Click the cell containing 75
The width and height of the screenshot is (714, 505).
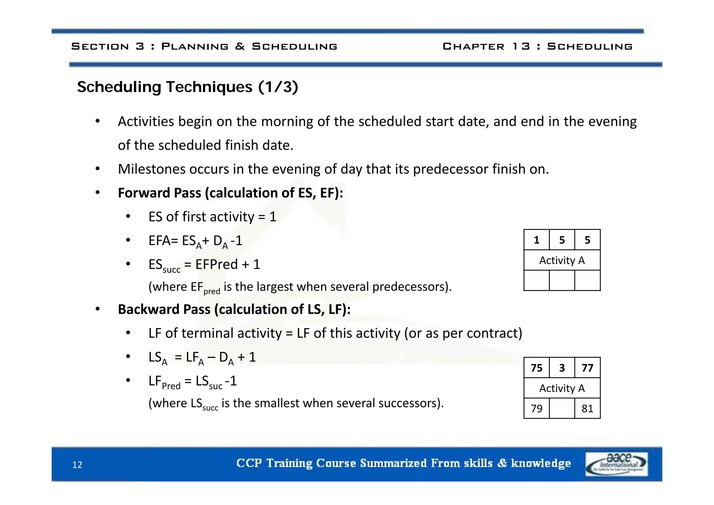tap(536, 368)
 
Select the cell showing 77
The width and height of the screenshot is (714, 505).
tap(587, 368)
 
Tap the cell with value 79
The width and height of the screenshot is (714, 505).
tap(536, 408)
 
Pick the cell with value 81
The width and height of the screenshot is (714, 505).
tap(587, 408)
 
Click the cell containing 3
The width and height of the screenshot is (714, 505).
tap(562, 368)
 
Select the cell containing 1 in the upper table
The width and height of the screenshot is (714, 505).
tap(536, 240)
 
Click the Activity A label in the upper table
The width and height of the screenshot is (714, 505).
tap(562, 260)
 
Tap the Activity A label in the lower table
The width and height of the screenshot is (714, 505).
tap(562, 388)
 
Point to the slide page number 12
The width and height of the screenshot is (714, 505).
tap(77, 465)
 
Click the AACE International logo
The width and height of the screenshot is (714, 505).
tap(616, 464)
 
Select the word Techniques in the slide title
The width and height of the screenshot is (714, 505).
tap(209, 87)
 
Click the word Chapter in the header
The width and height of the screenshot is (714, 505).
tap(473, 46)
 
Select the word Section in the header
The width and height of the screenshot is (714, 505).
tap(100, 46)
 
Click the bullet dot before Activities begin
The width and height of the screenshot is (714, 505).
tap(98, 121)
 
